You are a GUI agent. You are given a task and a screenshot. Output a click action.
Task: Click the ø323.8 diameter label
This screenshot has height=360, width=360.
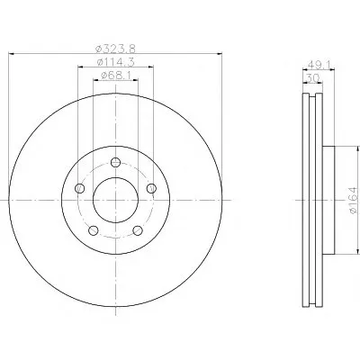point(115,49)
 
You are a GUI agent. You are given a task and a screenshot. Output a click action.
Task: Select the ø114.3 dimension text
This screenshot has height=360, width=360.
point(115,62)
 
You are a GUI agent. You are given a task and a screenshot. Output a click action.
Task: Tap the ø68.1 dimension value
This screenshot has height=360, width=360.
point(115,76)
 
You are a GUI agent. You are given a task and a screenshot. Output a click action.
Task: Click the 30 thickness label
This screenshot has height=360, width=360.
point(312,78)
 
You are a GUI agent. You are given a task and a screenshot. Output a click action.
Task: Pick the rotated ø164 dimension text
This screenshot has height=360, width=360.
point(354,200)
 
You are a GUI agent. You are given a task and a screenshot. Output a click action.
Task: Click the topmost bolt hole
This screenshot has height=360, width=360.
point(115,162)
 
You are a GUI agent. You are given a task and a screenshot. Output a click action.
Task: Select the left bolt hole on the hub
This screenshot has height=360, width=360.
point(79,188)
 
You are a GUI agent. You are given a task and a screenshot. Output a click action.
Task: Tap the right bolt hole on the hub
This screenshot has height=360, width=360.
point(151,188)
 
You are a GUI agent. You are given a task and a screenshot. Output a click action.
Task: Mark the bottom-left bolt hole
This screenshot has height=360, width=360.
point(94,230)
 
